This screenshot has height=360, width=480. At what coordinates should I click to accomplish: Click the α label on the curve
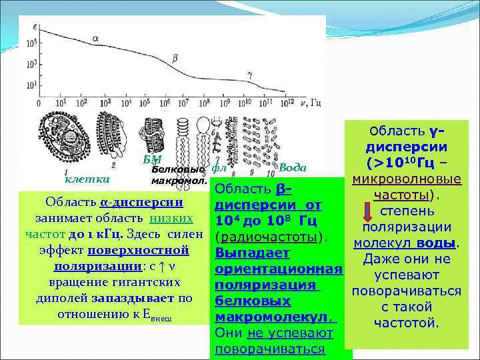[x=95, y=39]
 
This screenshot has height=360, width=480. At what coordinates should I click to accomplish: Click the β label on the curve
[x=175, y=58]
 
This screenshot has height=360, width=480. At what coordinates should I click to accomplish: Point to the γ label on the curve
[x=249, y=76]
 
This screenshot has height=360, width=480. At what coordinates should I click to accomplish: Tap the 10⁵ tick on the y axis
[x=31, y=44]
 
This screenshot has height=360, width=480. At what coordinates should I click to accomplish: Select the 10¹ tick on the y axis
[x=31, y=85]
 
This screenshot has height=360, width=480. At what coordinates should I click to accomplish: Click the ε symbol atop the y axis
[x=34, y=25]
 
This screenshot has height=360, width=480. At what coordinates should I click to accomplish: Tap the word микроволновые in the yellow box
[x=408, y=180]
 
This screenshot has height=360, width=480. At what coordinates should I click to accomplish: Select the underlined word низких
[x=172, y=218]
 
